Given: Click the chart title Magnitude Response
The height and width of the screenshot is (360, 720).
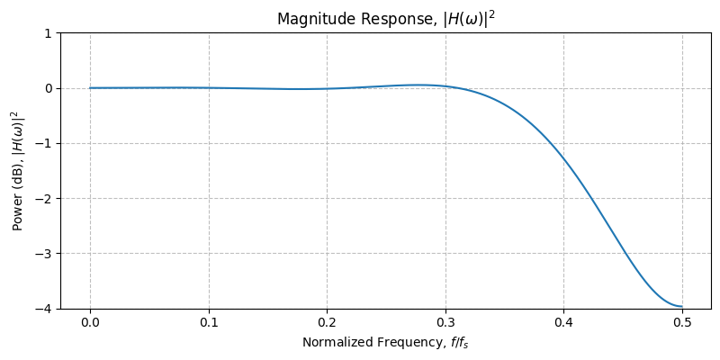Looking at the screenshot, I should pos(385,19).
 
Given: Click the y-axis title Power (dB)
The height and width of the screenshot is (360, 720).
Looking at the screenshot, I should pos(16,171).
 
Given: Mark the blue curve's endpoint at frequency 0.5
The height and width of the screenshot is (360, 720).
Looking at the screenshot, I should pos(682,307).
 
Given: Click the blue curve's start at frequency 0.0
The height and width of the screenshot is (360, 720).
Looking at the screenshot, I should pos(90,88).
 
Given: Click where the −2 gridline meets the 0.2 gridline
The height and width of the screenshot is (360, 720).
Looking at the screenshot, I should pos(327,198).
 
